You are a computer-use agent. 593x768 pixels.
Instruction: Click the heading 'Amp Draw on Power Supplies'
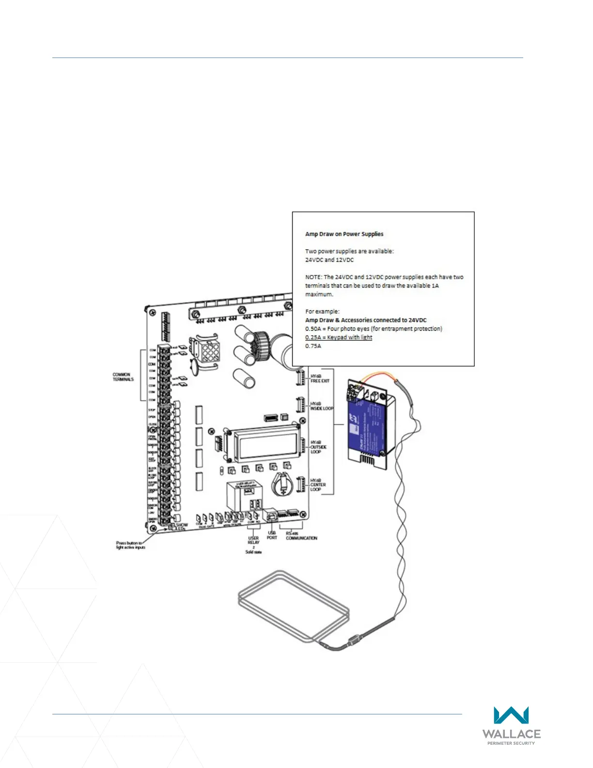(x=344, y=234)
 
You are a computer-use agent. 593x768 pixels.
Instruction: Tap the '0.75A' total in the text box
(x=313, y=346)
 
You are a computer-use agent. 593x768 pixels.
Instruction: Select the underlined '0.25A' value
(x=313, y=337)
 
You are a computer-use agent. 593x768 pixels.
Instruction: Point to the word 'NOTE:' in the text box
(x=313, y=277)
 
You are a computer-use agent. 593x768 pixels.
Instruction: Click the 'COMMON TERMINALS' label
(x=123, y=377)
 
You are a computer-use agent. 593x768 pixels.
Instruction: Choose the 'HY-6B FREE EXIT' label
(x=320, y=379)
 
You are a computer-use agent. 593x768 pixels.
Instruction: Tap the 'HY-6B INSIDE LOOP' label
(x=322, y=406)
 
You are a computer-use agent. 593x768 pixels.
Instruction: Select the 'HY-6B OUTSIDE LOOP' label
(x=318, y=447)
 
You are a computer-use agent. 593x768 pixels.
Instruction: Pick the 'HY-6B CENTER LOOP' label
(x=318, y=485)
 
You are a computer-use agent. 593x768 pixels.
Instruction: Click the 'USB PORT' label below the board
(x=272, y=535)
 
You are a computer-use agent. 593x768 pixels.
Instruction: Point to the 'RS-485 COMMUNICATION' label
(x=301, y=536)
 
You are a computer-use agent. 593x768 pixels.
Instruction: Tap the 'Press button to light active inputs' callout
(x=130, y=545)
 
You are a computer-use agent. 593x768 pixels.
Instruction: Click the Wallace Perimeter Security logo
(x=511, y=725)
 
